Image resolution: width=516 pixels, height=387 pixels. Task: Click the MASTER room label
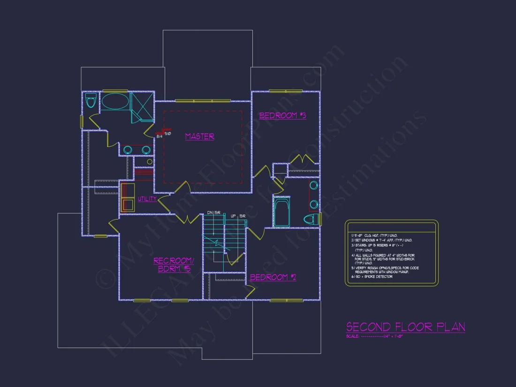click(x=199, y=137)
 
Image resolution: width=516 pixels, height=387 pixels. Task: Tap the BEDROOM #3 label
click(x=283, y=115)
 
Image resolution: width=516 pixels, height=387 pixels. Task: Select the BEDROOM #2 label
click(x=273, y=277)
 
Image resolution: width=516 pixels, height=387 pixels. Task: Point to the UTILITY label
click(x=147, y=199)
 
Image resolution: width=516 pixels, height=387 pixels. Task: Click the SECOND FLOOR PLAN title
click(x=405, y=326)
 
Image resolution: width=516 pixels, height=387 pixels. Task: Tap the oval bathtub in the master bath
click(x=115, y=101)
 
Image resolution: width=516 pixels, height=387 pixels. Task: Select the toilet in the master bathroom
click(x=91, y=100)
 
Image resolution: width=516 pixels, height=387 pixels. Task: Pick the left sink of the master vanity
click(x=128, y=150)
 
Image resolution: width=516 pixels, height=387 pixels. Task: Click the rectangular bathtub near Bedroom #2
click(x=282, y=212)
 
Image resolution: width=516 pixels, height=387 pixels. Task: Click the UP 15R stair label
click(x=238, y=216)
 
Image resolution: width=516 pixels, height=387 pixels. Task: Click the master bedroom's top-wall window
click(x=203, y=100)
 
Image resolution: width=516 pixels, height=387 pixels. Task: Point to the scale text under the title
click(x=374, y=336)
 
